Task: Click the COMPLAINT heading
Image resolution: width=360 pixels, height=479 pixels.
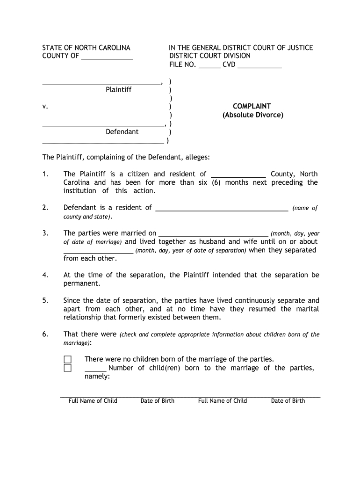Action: (252, 106)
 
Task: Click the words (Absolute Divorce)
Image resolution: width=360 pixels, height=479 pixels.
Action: (252, 115)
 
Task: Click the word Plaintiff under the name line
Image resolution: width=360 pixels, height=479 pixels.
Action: (118, 89)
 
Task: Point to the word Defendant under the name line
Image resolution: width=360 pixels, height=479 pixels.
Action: (122, 131)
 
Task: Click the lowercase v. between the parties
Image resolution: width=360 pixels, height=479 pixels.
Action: (45, 107)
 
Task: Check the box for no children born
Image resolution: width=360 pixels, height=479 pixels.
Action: (68, 359)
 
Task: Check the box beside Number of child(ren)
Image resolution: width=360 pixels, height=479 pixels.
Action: (68, 368)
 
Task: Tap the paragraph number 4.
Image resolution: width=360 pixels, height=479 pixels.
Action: (45, 275)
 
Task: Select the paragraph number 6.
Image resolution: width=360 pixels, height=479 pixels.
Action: (45, 334)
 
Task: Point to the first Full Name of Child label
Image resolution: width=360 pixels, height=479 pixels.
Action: (93, 400)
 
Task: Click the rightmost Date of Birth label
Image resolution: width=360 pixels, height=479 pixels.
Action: (288, 400)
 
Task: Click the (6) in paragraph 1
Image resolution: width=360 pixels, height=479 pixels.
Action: (216, 182)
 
